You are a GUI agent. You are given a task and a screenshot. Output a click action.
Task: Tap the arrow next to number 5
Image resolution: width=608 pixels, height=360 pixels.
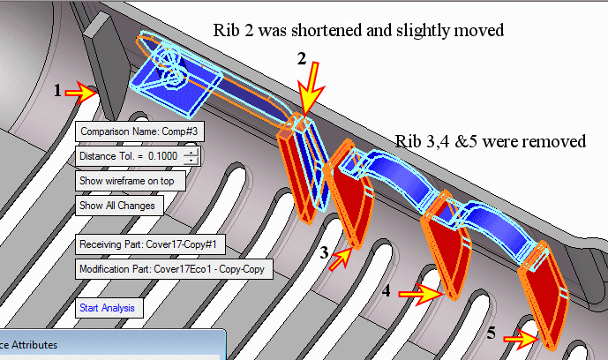coord(524,336)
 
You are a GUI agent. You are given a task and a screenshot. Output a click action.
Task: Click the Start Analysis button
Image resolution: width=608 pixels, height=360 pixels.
coord(106,308)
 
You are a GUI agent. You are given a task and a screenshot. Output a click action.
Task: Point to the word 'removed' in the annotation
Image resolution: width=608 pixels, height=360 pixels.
coord(559,141)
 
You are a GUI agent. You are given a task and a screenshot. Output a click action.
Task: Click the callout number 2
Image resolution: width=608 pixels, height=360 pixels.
coord(301,60)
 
